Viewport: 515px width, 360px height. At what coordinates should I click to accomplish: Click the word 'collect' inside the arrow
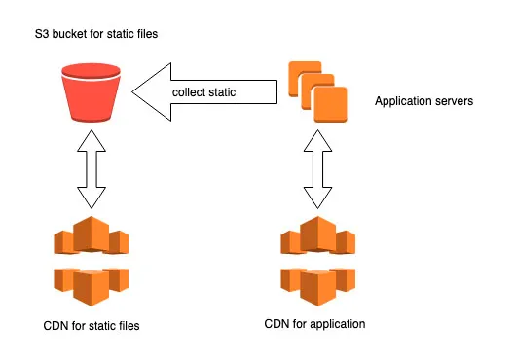[x=192, y=93]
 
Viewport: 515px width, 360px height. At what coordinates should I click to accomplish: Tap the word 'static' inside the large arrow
[x=233, y=93]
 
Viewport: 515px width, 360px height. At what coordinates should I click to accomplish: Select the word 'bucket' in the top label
[x=71, y=35]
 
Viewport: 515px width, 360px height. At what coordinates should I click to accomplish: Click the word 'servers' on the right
[x=455, y=101]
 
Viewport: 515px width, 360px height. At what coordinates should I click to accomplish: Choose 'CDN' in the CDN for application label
[x=277, y=323]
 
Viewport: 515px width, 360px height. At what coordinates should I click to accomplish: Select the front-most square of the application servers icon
[x=330, y=101]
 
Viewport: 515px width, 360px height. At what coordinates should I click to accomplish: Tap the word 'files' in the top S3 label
[x=145, y=35]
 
